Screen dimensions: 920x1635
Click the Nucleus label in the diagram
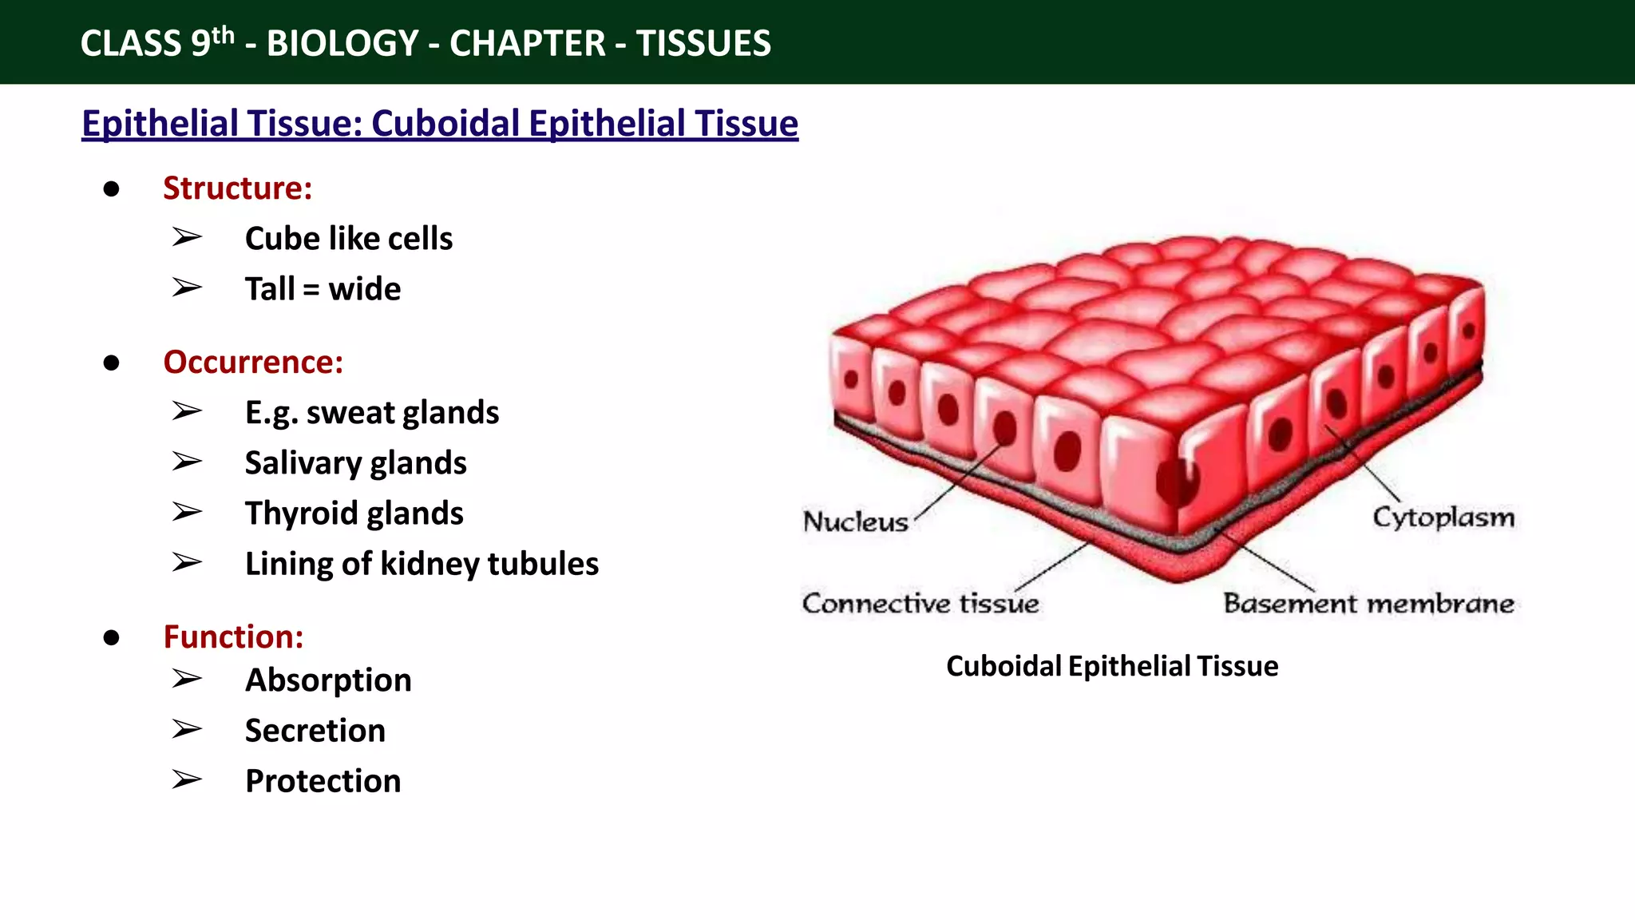(x=855, y=521)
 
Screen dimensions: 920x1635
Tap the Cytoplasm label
(x=1443, y=517)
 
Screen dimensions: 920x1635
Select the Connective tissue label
(x=920, y=603)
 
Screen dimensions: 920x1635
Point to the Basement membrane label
(x=1368, y=603)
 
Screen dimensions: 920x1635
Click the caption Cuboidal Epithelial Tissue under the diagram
(x=1111, y=666)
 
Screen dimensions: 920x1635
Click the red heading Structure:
(x=237, y=188)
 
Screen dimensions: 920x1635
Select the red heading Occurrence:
(x=253, y=363)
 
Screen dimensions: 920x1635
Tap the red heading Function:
(x=233, y=637)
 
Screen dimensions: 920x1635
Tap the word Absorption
(x=328, y=680)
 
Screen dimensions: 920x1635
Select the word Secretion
(x=315, y=731)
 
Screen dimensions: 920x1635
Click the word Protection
(x=323, y=781)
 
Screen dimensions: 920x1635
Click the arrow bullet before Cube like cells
(x=187, y=237)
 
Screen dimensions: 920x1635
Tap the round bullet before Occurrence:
(x=112, y=363)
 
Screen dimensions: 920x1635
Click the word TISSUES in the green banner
(x=703, y=43)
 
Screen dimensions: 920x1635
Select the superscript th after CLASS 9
(x=223, y=34)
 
